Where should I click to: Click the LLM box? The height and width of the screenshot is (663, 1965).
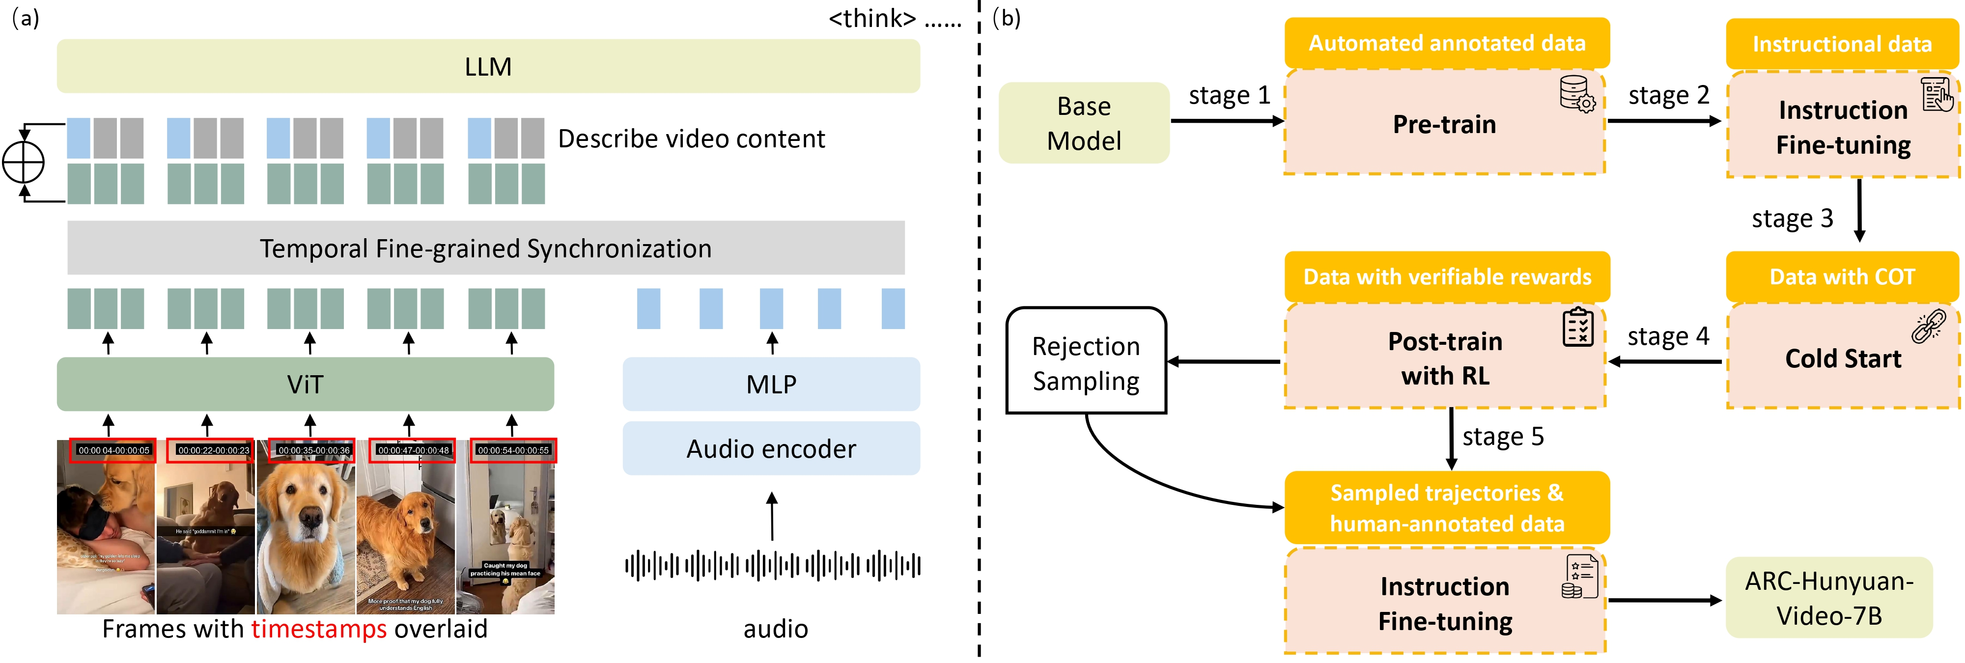488,66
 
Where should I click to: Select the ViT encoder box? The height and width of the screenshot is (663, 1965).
305,384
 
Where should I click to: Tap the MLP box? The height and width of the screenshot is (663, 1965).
771,384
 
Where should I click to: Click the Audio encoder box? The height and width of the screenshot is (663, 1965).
771,448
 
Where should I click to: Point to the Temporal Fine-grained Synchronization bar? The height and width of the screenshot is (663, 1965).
486,248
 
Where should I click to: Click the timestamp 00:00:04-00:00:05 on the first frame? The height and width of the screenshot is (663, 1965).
113,450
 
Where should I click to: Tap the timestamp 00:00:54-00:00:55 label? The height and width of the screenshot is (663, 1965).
513,450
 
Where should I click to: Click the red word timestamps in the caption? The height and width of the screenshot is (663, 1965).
319,629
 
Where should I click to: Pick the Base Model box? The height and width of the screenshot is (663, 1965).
1084,123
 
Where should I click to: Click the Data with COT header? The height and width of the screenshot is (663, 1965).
1842,276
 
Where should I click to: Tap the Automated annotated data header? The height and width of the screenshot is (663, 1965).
1447,43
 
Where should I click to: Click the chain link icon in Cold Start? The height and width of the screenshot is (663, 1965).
1928,327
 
